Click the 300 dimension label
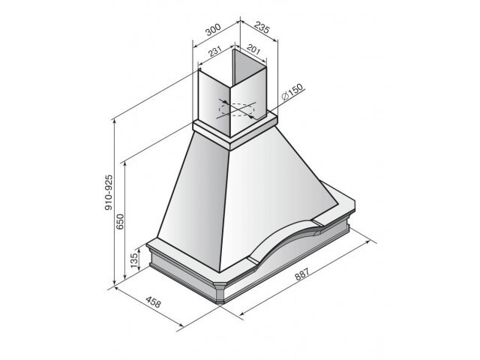(213, 30)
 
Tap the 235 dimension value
(262, 28)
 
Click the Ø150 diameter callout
(292, 91)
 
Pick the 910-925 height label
(109, 193)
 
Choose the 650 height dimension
(120, 222)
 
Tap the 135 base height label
(134, 260)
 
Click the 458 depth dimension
(153, 302)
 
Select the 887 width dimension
(302, 274)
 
